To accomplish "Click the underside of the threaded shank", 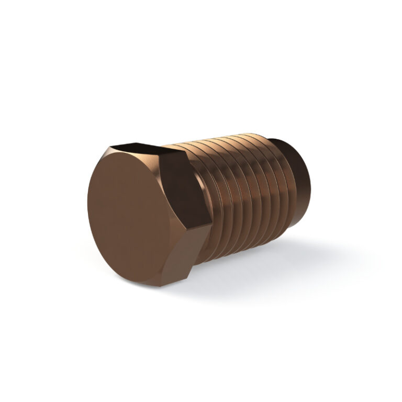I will coord(241,246).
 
